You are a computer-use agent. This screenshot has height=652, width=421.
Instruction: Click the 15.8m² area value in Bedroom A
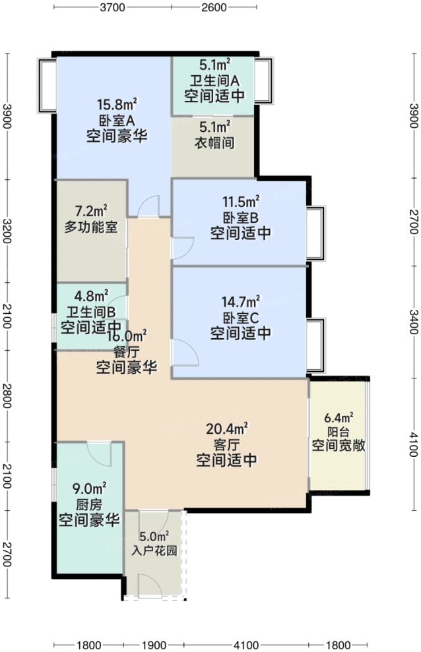point(116,104)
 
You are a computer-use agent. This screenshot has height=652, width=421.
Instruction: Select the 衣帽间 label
point(214,143)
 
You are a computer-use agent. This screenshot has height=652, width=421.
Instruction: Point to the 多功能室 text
point(92,228)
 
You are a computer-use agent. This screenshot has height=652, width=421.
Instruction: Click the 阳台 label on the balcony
point(339,432)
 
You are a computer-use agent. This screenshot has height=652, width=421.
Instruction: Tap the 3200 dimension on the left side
point(7,229)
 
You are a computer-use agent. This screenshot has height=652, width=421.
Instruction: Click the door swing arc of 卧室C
point(187,353)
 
